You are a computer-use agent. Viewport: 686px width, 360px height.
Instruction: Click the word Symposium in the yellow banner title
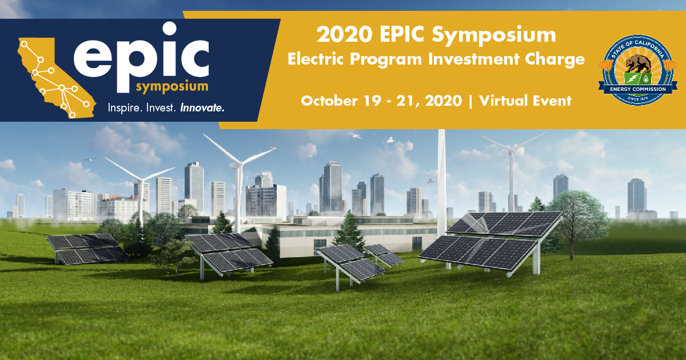click(494, 35)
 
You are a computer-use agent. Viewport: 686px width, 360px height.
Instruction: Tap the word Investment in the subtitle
click(474, 59)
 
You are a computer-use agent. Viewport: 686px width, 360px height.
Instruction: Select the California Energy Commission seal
click(638, 70)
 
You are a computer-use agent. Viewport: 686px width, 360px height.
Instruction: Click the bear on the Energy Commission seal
click(638, 63)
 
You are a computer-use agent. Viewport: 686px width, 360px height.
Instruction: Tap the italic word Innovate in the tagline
click(202, 108)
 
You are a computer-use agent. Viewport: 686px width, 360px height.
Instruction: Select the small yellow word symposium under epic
click(172, 87)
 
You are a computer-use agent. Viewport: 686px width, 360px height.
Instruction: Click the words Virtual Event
click(525, 101)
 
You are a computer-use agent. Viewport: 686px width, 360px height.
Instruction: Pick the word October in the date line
click(329, 101)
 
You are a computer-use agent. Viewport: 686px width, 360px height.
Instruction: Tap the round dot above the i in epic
click(169, 29)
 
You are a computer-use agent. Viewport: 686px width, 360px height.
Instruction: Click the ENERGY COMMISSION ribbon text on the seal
click(638, 89)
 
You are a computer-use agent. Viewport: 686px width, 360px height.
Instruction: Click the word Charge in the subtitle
click(555, 59)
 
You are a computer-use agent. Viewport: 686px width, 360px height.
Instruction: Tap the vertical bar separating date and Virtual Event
click(470, 101)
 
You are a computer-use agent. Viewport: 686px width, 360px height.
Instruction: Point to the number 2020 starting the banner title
click(345, 34)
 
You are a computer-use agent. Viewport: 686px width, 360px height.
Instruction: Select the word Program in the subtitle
click(386, 59)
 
